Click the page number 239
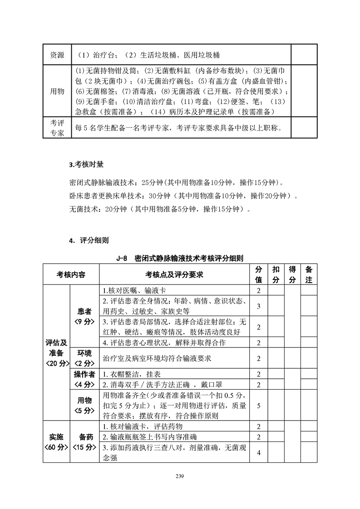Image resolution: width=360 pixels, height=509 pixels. [x=180, y=476]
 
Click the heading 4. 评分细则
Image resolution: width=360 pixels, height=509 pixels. [x=89, y=240]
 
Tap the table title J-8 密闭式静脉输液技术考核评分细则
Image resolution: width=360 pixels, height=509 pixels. [x=180, y=259]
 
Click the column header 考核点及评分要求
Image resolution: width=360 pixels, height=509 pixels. [x=174, y=274]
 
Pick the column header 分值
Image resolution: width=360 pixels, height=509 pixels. [x=259, y=274]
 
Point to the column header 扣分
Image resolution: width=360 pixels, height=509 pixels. [x=276, y=274]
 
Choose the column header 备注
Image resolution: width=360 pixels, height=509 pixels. [x=309, y=274]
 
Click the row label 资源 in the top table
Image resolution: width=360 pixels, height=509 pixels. [x=57, y=55]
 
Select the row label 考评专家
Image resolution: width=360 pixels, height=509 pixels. [x=57, y=127]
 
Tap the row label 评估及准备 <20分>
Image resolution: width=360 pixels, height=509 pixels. [x=56, y=352]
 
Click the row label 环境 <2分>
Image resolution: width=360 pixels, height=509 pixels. [x=84, y=358]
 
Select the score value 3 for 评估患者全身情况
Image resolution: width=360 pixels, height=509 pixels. [x=259, y=306]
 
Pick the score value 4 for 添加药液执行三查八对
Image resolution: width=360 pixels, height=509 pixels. [x=259, y=452]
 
